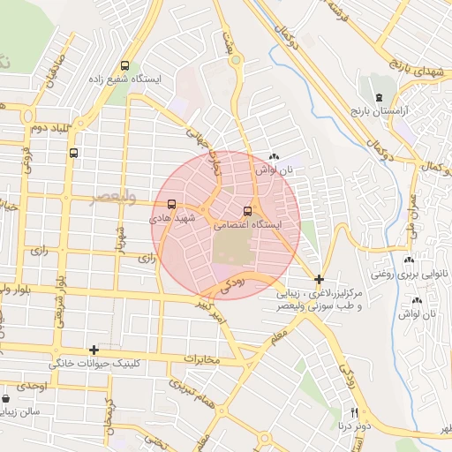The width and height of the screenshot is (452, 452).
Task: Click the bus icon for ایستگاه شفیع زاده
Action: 124,65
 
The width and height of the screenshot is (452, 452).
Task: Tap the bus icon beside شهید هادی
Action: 171,203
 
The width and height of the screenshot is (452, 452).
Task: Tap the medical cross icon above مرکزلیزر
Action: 319,279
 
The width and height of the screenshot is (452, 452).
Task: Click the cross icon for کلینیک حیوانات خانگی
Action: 94,350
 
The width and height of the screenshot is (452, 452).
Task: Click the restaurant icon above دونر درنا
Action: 355,412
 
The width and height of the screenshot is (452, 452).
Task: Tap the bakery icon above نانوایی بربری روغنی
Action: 409,260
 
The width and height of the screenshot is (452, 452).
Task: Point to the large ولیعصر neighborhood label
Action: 115,198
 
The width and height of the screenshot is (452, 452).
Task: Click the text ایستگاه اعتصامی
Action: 246,225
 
